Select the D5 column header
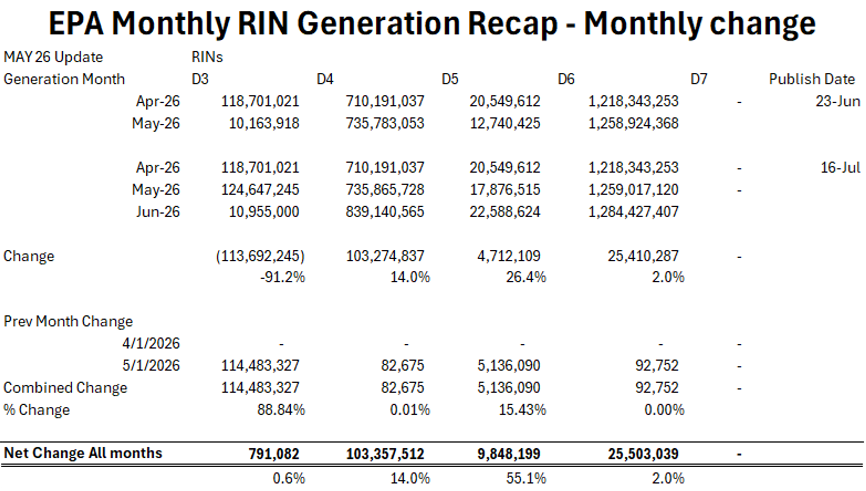(450, 79)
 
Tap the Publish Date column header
(812, 79)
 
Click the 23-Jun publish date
(838, 101)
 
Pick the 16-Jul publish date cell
(840, 168)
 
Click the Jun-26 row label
(158, 212)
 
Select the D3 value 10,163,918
(264, 123)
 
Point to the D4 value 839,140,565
(385, 212)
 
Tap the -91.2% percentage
(283, 277)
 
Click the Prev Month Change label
(68, 321)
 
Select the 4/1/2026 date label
(151, 343)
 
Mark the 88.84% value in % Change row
(281, 410)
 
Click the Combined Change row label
(65, 388)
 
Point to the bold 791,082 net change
(274, 454)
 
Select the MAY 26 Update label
(53, 57)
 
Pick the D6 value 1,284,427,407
(633, 212)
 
